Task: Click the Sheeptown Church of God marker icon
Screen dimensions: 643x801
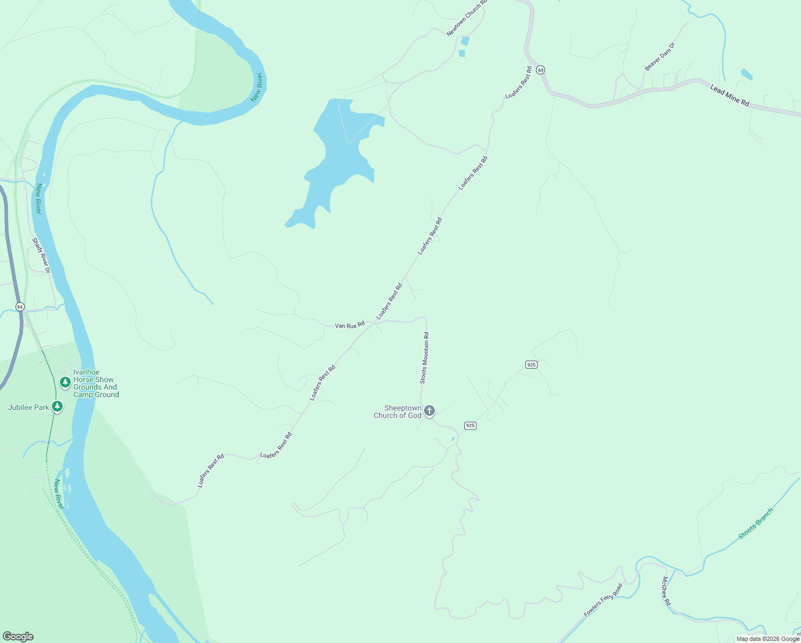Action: click(x=429, y=411)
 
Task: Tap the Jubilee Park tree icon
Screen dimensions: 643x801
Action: click(x=57, y=407)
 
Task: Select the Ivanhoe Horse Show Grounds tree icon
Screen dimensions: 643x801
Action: click(x=65, y=382)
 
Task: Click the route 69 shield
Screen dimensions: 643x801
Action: click(x=541, y=70)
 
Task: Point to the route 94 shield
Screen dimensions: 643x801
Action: click(x=20, y=306)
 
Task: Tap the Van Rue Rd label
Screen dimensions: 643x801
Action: click(x=350, y=325)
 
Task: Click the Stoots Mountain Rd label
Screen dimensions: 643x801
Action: click(x=425, y=358)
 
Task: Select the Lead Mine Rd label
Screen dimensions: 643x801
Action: click(x=729, y=95)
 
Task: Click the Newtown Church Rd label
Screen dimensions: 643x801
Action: click(x=467, y=18)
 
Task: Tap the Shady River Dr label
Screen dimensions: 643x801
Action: click(x=41, y=256)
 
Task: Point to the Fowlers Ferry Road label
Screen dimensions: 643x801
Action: click(x=603, y=600)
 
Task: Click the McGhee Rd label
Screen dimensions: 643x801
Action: click(x=666, y=591)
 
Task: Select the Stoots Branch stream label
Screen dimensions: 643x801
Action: click(x=755, y=524)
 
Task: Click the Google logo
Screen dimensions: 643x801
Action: click(x=18, y=637)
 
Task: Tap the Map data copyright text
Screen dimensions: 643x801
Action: click(x=768, y=639)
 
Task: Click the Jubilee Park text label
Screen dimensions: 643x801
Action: click(x=28, y=407)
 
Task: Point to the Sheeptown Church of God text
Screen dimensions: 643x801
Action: click(x=398, y=412)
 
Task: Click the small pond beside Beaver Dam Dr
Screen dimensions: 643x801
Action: click(x=746, y=74)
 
